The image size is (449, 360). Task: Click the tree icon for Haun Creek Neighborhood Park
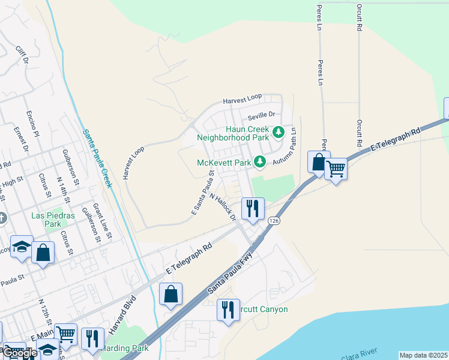(278, 131)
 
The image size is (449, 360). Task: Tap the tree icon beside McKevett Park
(259, 162)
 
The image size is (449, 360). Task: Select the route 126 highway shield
(274, 221)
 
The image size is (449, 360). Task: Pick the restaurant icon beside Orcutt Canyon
(228, 310)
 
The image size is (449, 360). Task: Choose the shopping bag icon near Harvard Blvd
(171, 294)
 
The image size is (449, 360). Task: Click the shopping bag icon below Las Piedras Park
(43, 253)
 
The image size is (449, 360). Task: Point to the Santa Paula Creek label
(98, 159)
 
